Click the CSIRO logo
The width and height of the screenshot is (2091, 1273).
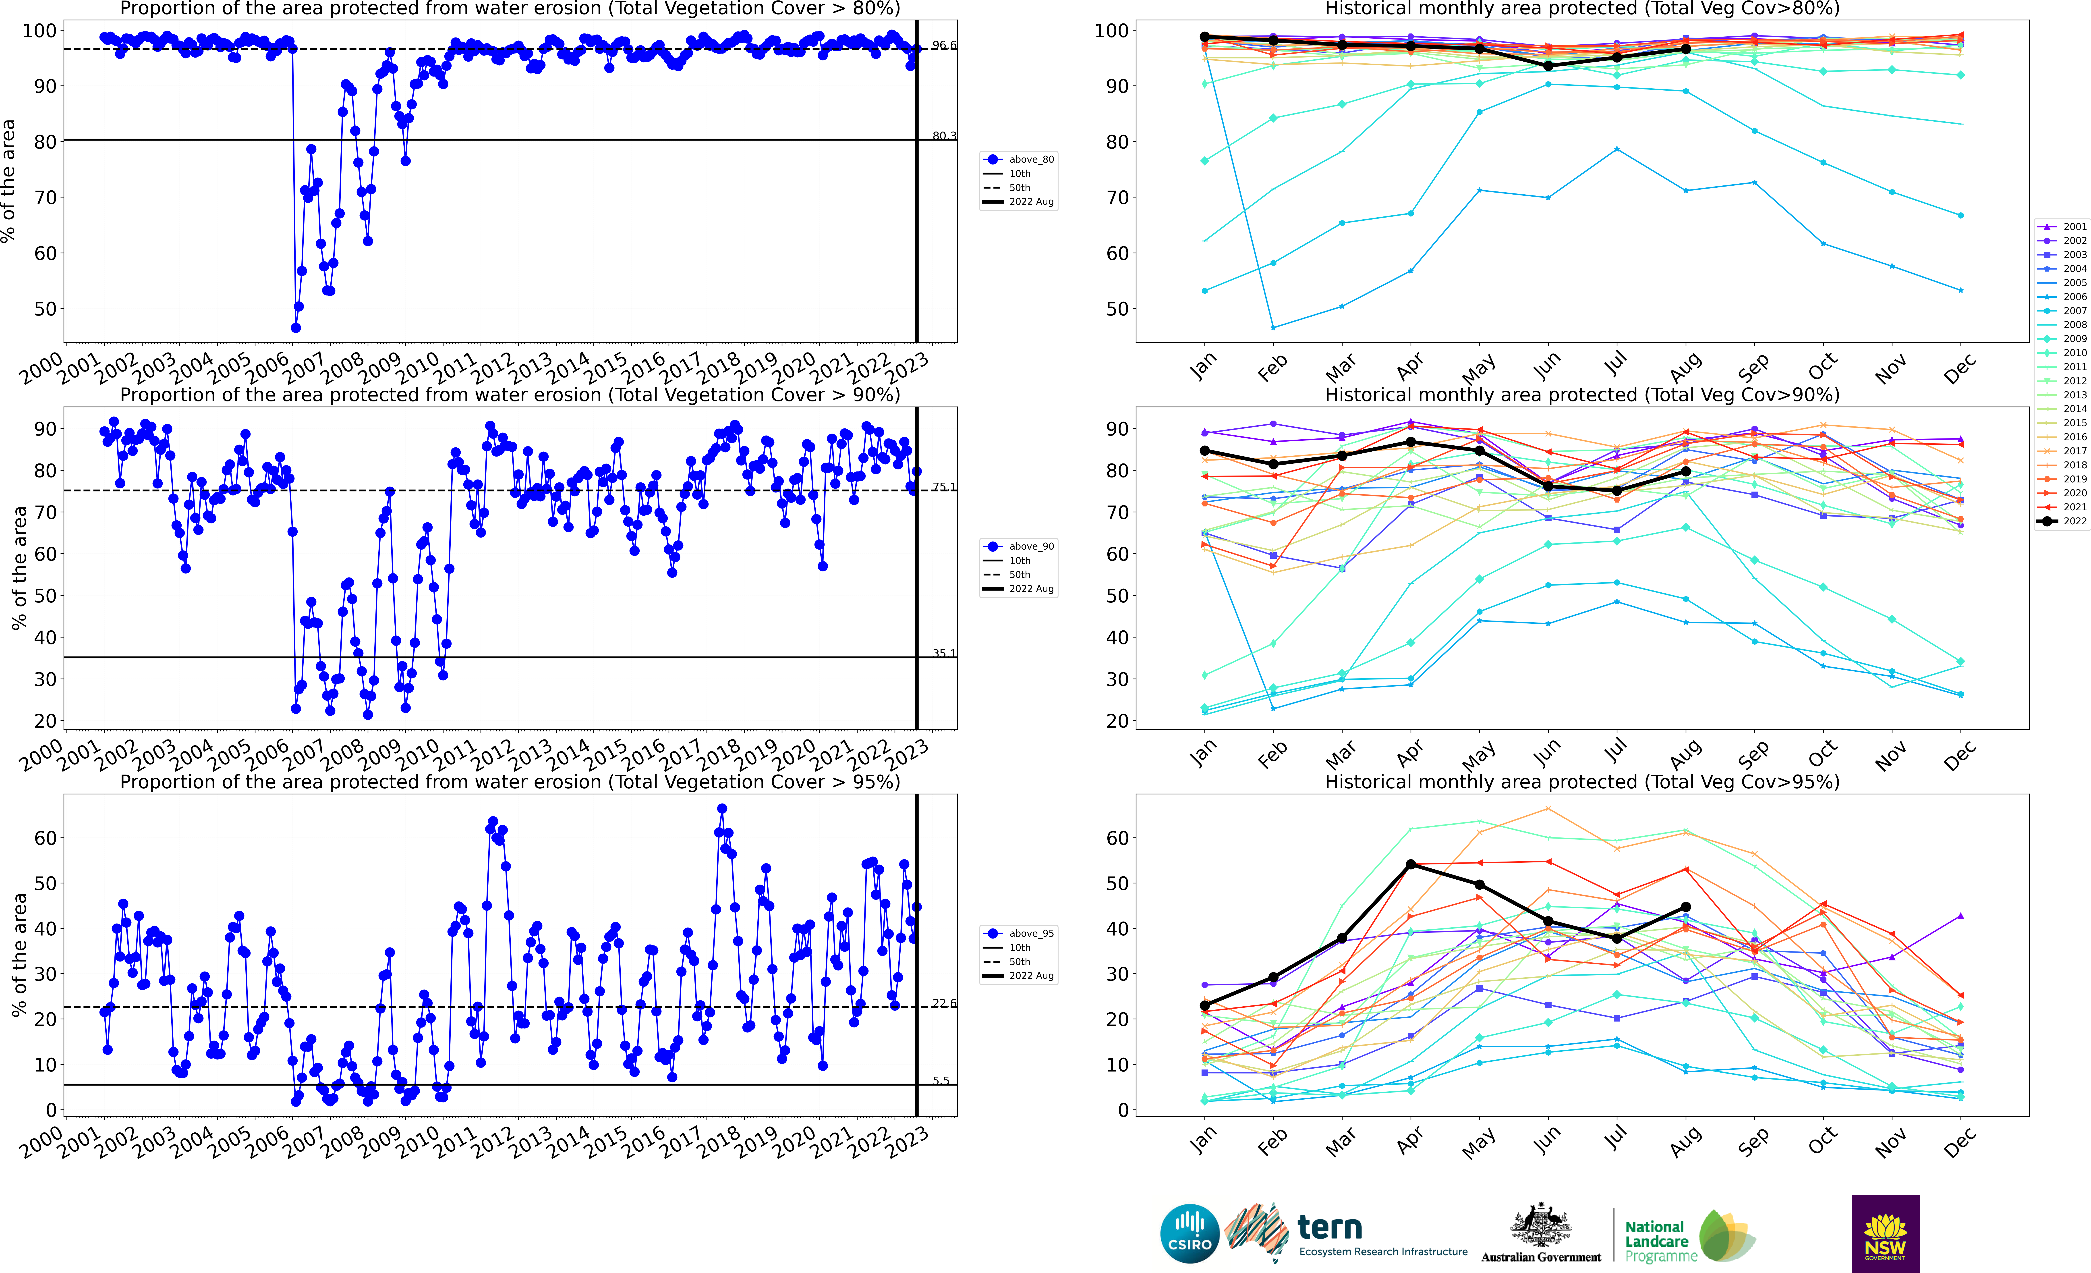(1189, 1233)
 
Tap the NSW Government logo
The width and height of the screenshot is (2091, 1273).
(1885, 1233)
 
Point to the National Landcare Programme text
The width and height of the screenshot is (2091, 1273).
(1659, 1241)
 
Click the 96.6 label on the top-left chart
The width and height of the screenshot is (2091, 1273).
(944, 45)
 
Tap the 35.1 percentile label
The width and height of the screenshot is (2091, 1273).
(944, 654)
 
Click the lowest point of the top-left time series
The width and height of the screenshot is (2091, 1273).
(295, 328)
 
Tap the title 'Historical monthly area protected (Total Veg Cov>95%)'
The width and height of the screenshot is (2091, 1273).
(1582, 782)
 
